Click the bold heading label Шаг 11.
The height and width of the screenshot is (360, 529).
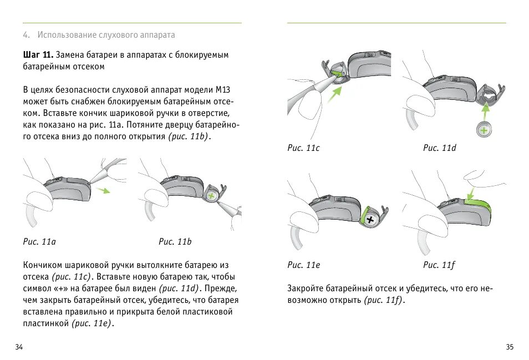point(38,55)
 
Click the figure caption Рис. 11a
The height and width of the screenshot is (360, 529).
point(39,242)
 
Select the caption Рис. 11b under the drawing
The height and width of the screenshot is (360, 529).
point(175,242)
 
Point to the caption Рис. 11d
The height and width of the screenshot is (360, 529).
point(440,148)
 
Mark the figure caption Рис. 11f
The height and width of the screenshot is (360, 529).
point(439,265)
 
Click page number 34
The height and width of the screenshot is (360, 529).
point(19,347)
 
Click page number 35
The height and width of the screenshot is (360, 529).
point(510,347)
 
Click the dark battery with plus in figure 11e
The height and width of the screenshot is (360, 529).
point(370,219)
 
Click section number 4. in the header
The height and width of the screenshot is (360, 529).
point(26,35)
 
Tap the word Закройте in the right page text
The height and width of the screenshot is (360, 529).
point(306,288)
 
